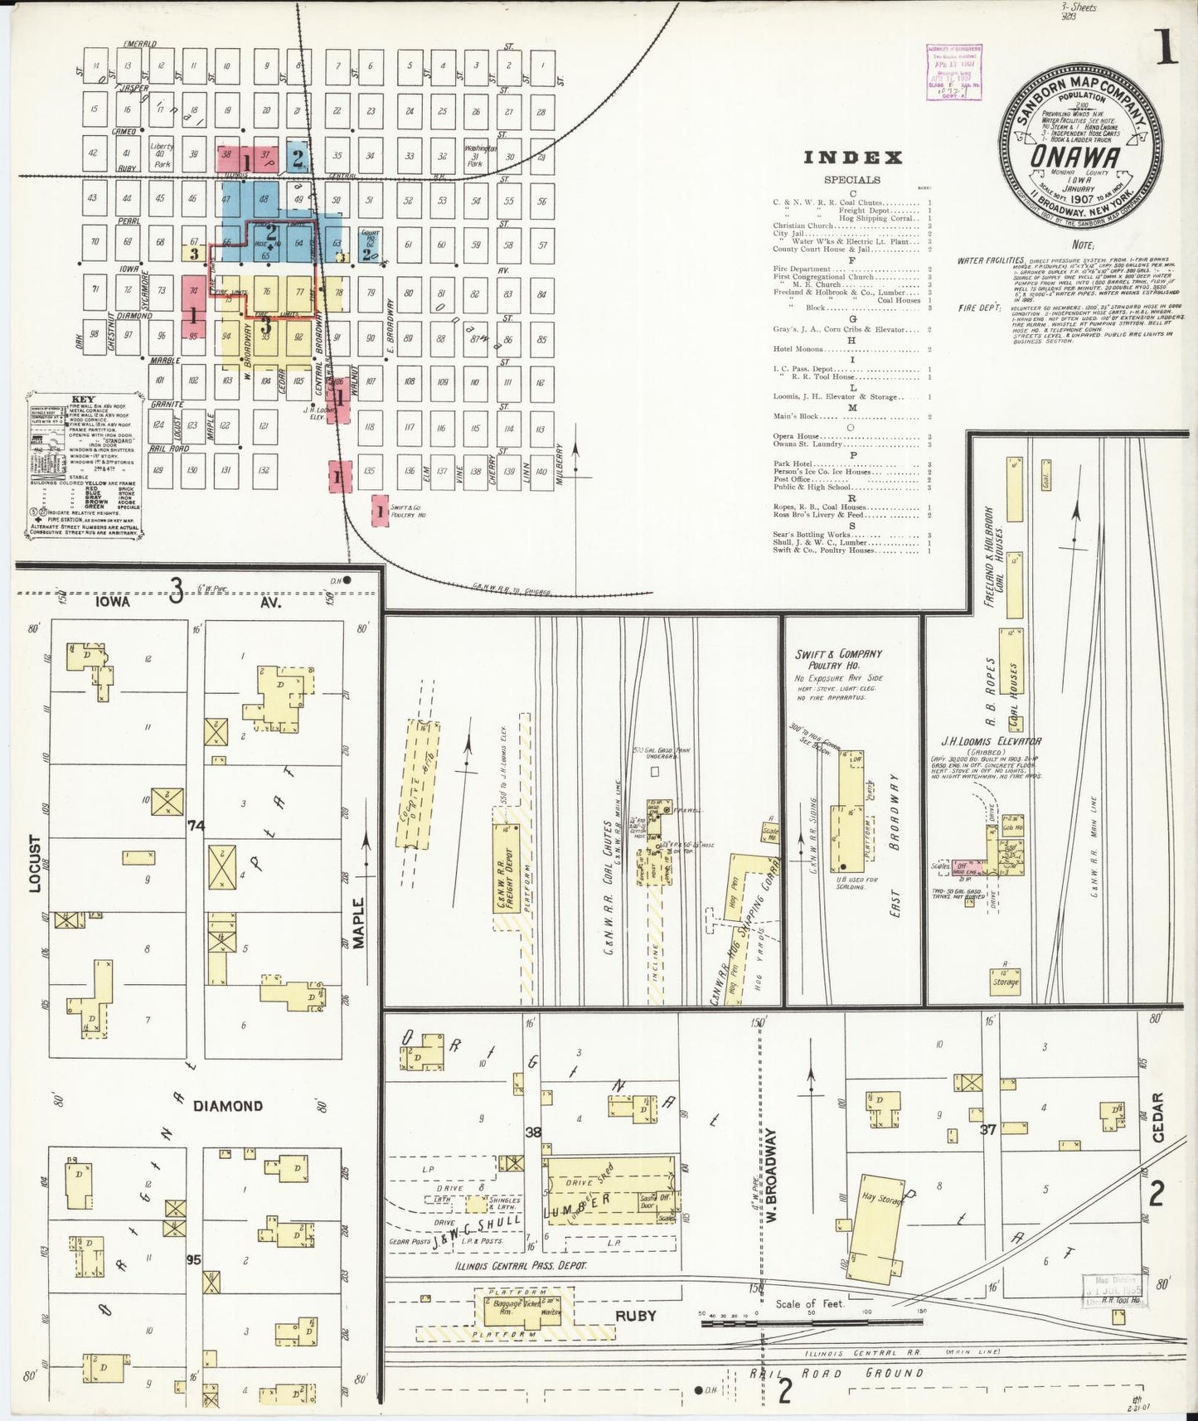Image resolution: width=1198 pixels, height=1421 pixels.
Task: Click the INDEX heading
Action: coord(853,158)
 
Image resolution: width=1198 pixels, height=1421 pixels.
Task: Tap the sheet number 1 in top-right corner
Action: coord(1166,51)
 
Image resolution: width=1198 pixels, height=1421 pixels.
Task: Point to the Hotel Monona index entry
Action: coord(797,349)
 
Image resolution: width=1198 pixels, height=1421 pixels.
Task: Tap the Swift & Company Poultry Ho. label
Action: coord(838,660)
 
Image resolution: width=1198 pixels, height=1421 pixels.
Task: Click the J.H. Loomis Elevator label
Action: coord(990,741)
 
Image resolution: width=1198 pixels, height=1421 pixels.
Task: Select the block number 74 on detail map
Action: coord(196,825)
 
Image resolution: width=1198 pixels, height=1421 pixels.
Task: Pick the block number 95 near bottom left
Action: coord(194,1259)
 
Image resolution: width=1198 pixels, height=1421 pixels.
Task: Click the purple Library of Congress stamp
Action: coord(954,72)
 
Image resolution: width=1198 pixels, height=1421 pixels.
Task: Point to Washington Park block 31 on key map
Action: coord(475,155)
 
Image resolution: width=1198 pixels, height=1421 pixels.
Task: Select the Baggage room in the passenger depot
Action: coord(507,1304)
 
